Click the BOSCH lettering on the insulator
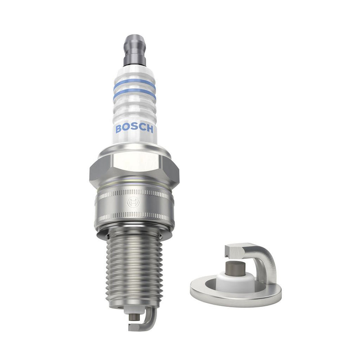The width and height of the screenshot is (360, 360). click(x=135, y=128)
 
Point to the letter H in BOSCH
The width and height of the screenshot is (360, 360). click(x=150, y=129)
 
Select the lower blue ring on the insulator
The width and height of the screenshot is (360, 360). click(x=135, y=95)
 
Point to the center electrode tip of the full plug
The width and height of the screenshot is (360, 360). click(x=133, y=316)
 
